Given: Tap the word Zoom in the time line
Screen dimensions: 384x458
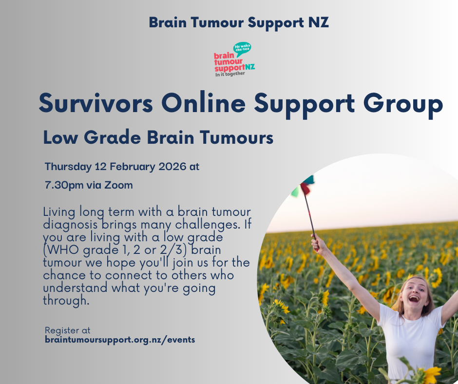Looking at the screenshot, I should (121, 185).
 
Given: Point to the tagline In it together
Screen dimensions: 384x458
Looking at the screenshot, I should (230, 74).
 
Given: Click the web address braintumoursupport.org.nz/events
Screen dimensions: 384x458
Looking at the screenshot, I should (119, 340).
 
